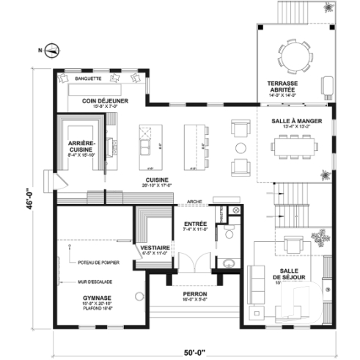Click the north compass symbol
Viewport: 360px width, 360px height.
tap(52, 51)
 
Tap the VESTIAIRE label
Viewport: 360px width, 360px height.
tap(155, 249)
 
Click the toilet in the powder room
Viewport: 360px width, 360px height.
tap(229, 234)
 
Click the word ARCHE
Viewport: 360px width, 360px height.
tap(194, 200)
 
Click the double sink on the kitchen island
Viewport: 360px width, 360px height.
tap(144, 147)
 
